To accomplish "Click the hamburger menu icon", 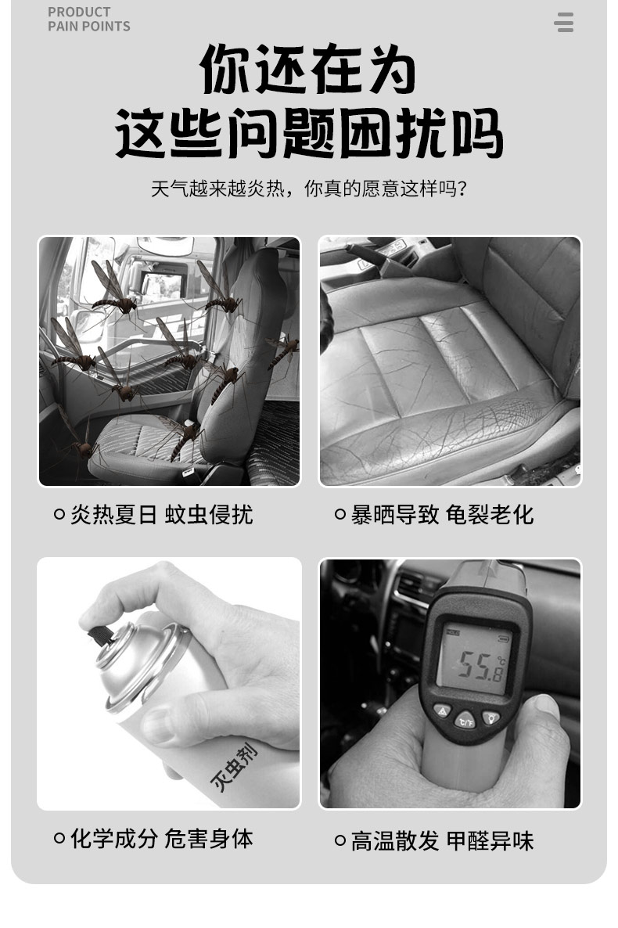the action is coord(563,22).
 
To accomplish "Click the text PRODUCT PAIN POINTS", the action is coord(89,19).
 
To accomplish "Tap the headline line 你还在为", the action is coord(307,69).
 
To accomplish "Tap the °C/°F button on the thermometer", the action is coord(465,721).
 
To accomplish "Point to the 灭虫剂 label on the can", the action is coord(235,768).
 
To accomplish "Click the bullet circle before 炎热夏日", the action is coord(59,514).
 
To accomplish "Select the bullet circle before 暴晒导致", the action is coord(340,514).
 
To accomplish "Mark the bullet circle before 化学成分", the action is coord(59,838).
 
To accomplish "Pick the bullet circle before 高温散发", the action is coord(340,840).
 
